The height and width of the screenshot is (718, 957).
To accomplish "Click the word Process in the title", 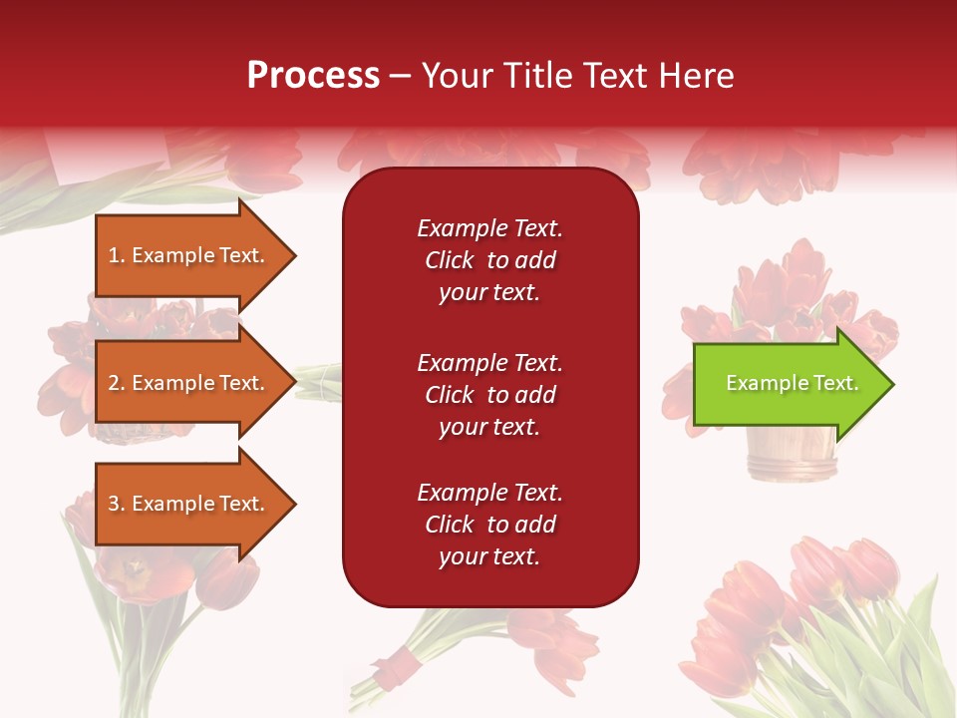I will point(313,76).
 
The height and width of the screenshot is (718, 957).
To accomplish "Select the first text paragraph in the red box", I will point(489,260).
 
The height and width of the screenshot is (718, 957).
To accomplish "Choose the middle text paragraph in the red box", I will point(489,395).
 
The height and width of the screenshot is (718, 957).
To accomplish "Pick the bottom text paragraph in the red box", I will point(489,525).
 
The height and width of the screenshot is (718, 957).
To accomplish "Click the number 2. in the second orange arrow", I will point(117,383).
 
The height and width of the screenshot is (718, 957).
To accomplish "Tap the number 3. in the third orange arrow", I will point(117,504).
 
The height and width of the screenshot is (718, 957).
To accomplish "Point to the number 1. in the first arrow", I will point(117,255).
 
